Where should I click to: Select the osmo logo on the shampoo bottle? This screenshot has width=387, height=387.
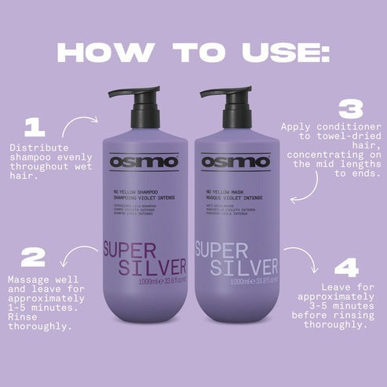pyautogui.click(x=144, y=162)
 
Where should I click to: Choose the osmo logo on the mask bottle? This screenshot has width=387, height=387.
pyautogui.click(x=235, y=162)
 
